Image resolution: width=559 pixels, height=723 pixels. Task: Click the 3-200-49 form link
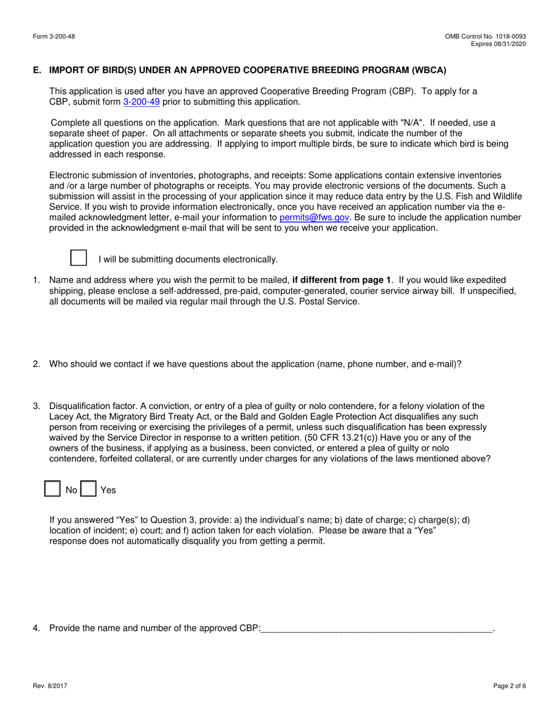(141, 102)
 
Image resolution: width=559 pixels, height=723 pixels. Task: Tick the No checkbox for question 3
(53, 489)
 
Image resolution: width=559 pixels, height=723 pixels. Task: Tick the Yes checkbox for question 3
(88, 489)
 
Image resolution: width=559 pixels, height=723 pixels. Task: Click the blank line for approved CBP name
(377, 628)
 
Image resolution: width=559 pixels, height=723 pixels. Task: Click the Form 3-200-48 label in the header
(54, 36)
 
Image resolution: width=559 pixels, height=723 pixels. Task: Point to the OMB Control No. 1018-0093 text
(485, 36)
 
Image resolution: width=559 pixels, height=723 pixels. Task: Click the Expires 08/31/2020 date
(499, 44)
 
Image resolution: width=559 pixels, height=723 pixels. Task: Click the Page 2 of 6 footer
(509, 685)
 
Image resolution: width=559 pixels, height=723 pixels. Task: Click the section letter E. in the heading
(38, 70)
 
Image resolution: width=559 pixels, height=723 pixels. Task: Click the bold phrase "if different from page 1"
(341, 280)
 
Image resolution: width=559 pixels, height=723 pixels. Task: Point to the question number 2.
(36, 364)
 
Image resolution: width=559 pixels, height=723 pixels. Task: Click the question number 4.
(36, 628)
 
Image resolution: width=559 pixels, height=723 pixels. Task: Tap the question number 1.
(36, 280)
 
